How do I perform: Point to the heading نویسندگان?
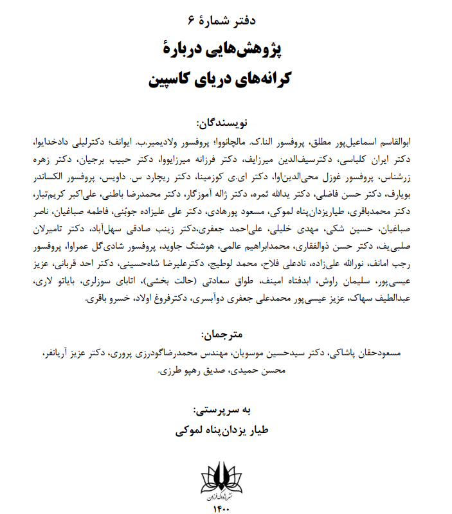click(x=224, y=122)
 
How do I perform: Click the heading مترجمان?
click(x=224, y=335)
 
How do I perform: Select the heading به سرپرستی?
click(x=225, y=409)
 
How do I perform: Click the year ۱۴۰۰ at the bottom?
click(x=225, y=508)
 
